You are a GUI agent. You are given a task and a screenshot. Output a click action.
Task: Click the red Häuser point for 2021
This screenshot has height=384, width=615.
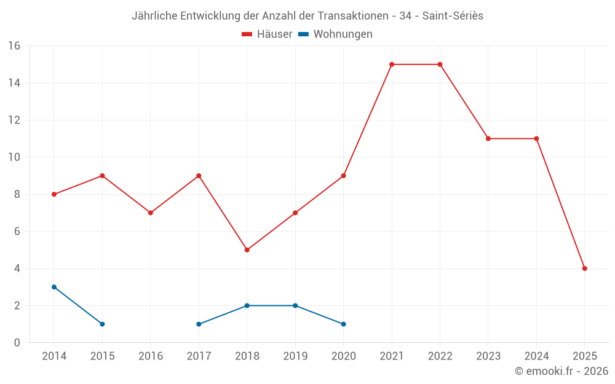(x=392, y=65)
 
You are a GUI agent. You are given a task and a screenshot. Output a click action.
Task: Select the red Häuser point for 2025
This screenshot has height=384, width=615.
(x=584, y=268)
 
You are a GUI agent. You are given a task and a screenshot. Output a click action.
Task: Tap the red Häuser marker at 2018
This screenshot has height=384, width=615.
(x=247, y=250)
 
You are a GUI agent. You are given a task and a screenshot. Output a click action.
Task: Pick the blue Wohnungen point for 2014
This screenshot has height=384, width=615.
(x=54, y=287)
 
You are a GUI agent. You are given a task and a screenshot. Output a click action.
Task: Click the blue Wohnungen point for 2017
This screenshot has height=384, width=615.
(x=199, y=324)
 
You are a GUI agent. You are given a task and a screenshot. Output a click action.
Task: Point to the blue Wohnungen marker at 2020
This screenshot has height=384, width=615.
(x=343, y=324)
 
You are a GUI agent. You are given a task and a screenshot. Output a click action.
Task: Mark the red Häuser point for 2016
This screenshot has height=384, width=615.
(x=151, y=213)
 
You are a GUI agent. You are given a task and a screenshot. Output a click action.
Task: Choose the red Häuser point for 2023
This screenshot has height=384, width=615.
(x=488, y=139)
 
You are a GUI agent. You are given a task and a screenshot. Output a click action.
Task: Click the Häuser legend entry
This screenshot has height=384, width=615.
(x=267, y=34)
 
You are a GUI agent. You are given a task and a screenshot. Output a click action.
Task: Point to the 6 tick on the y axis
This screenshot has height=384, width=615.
(x=17, y=232)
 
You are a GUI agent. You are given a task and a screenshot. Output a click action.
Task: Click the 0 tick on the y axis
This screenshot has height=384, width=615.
(x=17, y=343)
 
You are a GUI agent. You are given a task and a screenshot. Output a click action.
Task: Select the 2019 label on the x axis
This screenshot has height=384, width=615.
(x=295, y=356)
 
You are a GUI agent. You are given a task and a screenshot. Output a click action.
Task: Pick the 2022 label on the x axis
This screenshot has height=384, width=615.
(x=440, y=356)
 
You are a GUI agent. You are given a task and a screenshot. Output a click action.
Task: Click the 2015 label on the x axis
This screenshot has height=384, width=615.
(x=102, y=356)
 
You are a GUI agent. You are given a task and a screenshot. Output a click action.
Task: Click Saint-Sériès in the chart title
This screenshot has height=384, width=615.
(x=453, y=16)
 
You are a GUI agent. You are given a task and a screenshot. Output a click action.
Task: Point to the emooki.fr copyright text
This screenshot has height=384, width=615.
(x=561, y=371)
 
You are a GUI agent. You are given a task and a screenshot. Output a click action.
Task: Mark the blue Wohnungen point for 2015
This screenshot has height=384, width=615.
(x=102, y=324)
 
